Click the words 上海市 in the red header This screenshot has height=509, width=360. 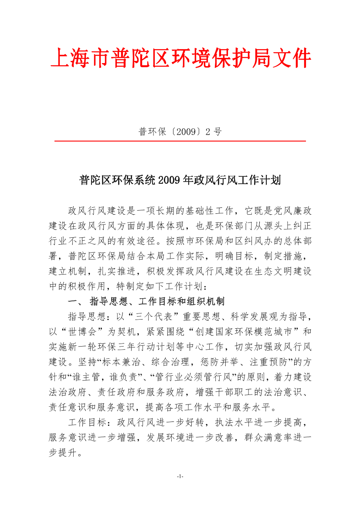coord(80,59)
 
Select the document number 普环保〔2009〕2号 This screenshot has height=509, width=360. coord(180,131)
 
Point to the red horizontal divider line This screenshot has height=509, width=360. coord(180,141)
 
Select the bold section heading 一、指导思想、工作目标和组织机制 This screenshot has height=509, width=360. coord(146,301)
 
